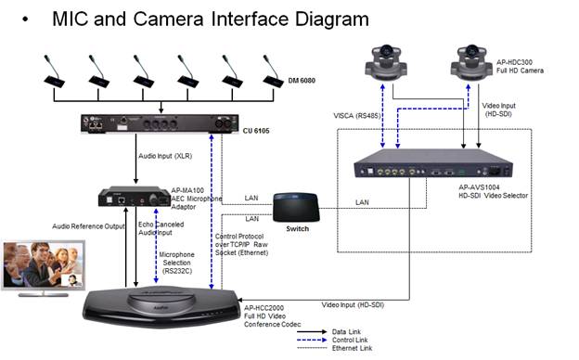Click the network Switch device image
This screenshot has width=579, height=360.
click(x=296, y=208)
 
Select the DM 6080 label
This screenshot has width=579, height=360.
click(x=302, y=81)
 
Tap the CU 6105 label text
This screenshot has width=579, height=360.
click(x=256, y=131)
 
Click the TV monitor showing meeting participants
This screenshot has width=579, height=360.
click(x=44, y=268)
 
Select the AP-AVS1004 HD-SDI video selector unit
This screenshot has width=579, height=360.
click(x=433, y=163)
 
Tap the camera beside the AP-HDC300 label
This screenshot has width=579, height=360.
click(x=471, y=62)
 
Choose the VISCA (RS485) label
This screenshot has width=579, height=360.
click(x=356, y=116)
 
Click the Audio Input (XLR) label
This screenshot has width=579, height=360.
click(x=165, y=156)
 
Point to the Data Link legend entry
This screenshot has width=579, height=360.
click(x=346, y=331)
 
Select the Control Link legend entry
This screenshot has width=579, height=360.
click(x=350, y=340)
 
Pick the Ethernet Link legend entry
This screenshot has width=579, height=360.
click(x=352, y=348)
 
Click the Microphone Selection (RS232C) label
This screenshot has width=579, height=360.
click(x=176, y=263)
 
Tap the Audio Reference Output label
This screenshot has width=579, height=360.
click(x=88, y=226)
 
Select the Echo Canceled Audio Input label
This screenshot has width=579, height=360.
click(x=161, y=228)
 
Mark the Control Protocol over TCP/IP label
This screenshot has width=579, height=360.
click(x=241, y=244)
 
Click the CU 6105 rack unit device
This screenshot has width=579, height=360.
click(x=160, y=123)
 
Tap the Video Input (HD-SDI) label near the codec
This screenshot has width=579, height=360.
click(x=353, y=305)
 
